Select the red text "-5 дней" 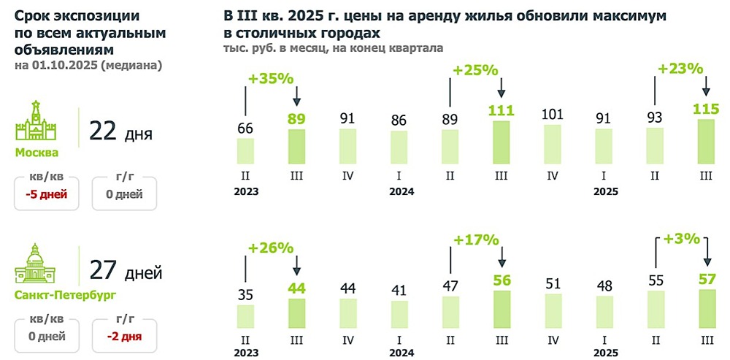tap(45, 195)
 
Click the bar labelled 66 tap(245, 150)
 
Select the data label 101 tap(553, 115)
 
